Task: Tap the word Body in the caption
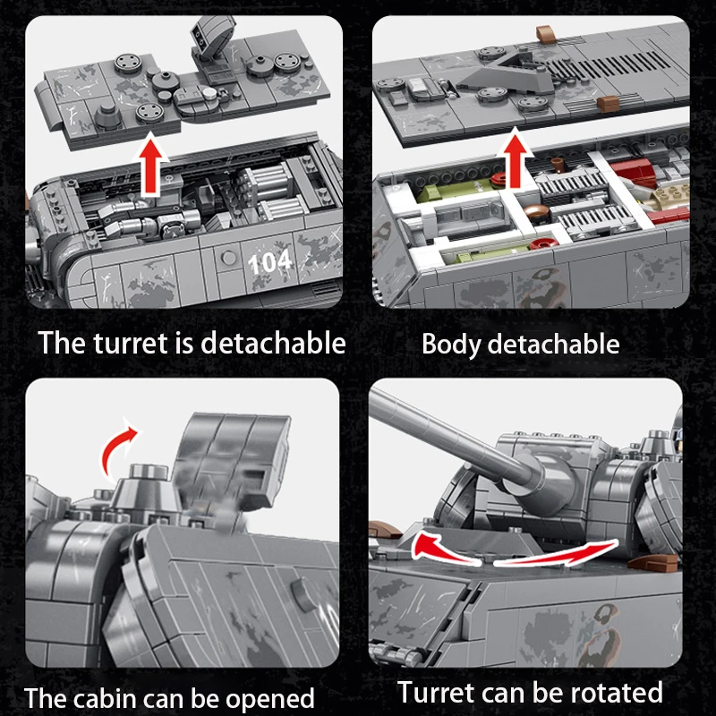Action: pyautogui.click(x=451, y=344)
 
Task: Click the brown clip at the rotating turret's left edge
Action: pyautogui.click(x=387, y=529)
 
